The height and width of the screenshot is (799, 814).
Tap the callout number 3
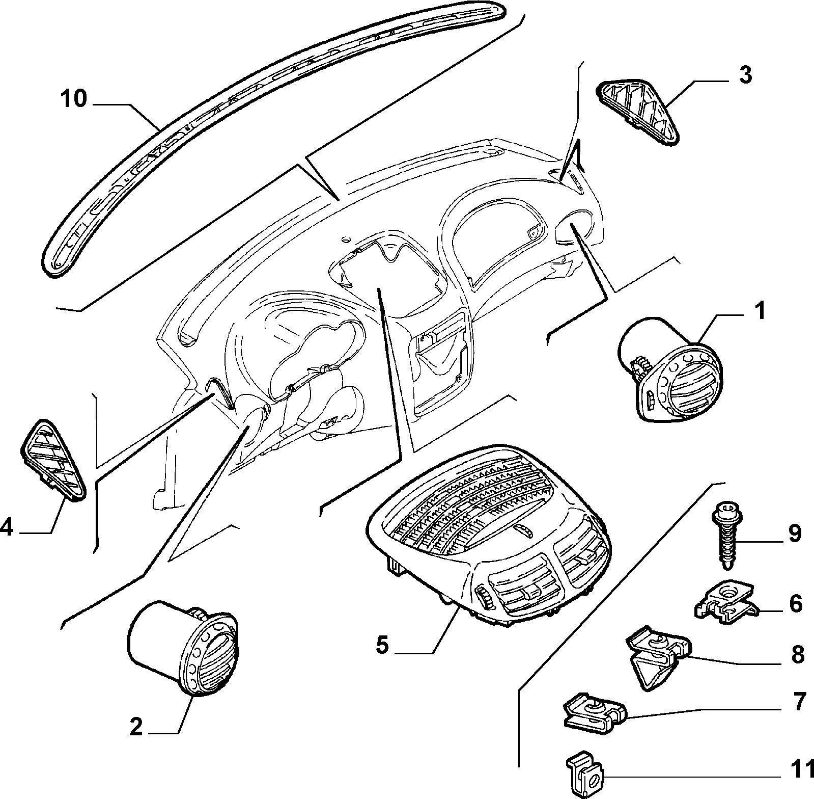(x=745, y=75)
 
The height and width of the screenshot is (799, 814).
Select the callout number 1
(x=759, y=310)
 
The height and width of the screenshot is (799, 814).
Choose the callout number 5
(x=382, y=646)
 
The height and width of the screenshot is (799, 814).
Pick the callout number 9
(x=795, y=534)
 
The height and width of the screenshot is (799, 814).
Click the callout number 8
(x=797, y=655)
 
